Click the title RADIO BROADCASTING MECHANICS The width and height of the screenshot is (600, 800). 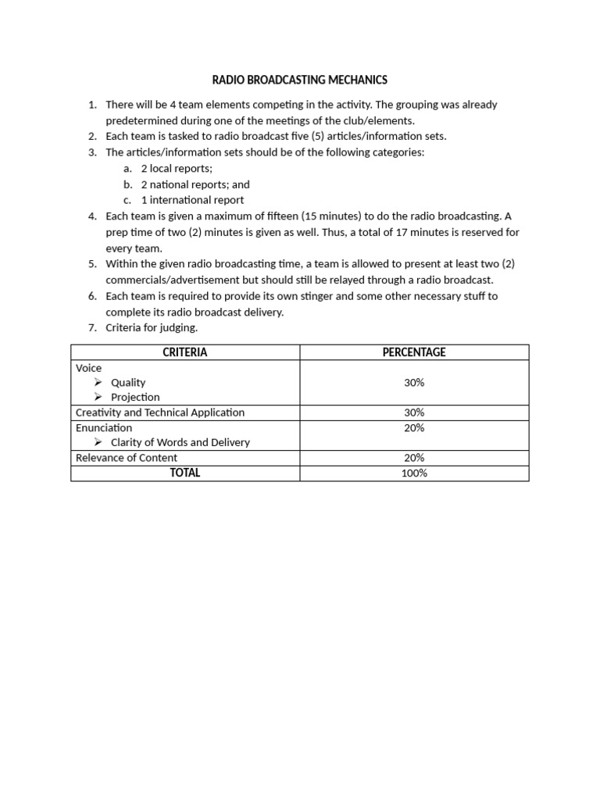click(300, 80)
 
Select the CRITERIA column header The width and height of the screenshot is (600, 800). click(185, 352)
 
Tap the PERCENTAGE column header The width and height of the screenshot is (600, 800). click(414, 352)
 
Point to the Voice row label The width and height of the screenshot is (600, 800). click(89, 368)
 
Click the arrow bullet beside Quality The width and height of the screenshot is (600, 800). click(98, 382)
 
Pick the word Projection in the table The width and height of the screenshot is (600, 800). click(135, 397)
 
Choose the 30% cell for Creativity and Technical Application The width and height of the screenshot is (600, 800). click(414, 412)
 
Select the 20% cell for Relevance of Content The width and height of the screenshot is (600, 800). click(414, 458)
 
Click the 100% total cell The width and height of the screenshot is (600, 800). click(414, 473)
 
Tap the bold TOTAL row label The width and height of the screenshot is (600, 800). click(185, 473)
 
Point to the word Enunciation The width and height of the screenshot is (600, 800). click(104, 427)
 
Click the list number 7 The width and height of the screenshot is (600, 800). click(91, 328)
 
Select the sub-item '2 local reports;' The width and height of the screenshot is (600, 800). click(177, 168)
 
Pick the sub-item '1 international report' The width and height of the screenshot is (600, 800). click(192, 200)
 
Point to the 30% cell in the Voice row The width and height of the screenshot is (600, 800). click(414, 382)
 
